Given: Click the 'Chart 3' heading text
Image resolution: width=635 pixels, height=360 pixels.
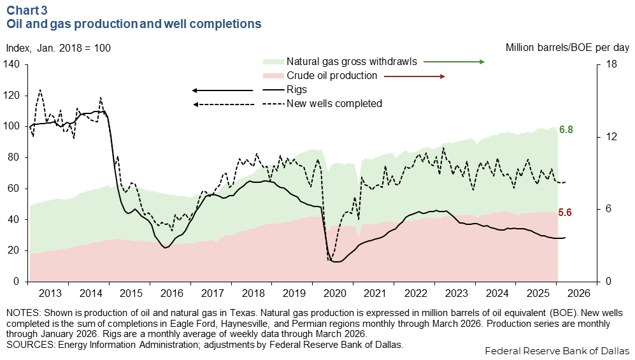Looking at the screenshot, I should coord(26,10).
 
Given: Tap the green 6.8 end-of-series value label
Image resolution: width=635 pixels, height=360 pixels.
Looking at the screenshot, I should coord(566,130).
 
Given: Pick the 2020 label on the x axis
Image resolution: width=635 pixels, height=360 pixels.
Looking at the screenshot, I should coord(335,293).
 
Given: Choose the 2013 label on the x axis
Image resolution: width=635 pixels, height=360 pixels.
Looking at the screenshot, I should coord(50,293).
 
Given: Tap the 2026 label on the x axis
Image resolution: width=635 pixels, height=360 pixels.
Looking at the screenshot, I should coord(579,293).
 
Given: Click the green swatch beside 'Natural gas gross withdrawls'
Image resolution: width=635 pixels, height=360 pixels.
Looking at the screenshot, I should coord(272,62).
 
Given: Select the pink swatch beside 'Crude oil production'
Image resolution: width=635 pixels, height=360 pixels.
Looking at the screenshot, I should coord(272,76).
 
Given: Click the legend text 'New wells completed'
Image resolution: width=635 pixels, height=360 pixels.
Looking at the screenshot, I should coord(334,103).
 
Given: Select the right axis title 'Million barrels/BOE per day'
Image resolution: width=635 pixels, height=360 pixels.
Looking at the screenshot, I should coord(567,48).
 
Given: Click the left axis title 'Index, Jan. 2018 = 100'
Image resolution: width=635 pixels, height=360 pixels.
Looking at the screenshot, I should coord(59,48).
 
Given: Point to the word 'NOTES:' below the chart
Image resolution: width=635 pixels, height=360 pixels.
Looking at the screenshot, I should coord(21,313).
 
